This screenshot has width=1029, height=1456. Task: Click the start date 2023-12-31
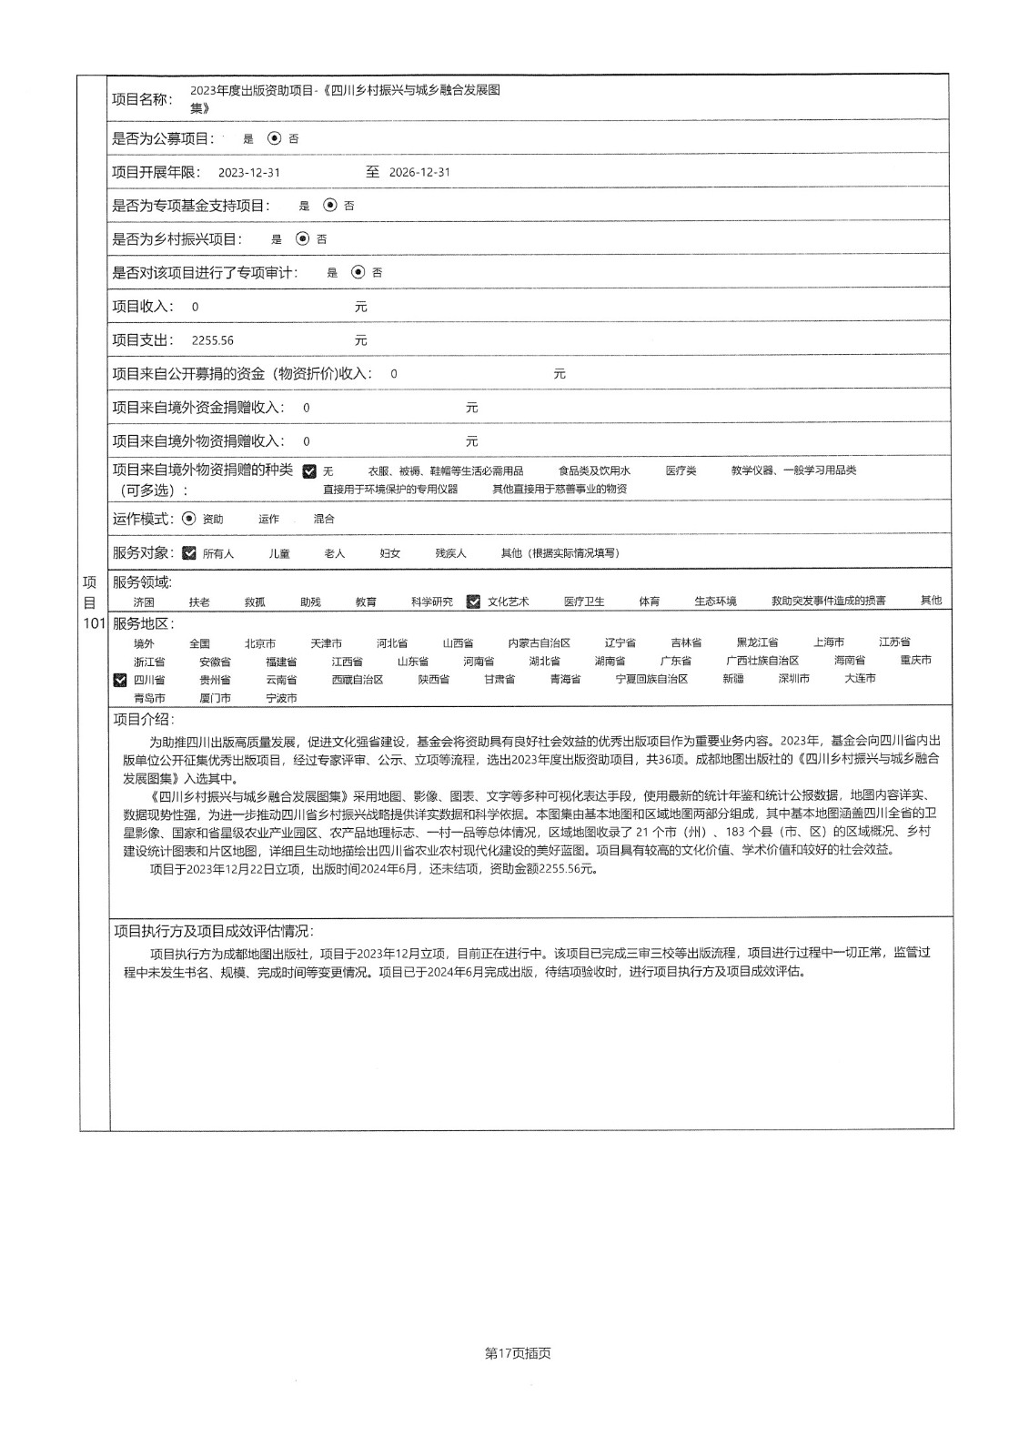pos(249,173)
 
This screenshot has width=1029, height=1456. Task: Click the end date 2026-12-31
pos(419,173)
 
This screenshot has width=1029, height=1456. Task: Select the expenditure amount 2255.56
pos(213,340)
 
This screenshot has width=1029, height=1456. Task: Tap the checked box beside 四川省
pos(120,680)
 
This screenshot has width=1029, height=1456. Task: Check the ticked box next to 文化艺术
pos(473,602)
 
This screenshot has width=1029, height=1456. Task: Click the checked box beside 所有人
pos(189,553)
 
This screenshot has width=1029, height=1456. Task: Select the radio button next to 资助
pos(189,519)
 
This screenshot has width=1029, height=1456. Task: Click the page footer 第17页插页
pos(519,1353)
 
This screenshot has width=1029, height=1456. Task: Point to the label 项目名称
pos(141,98)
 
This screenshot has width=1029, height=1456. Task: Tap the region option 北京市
pos(260,643)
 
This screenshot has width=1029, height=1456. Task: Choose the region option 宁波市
pos(281,698)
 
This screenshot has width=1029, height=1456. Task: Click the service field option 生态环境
pos(715,602)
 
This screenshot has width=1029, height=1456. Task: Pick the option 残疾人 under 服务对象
pos(450,553)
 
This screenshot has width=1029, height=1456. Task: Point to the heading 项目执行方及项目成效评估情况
pos(213,931)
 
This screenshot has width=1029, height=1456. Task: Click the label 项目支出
pos(142,340)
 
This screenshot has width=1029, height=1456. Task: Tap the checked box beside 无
pos(309,471)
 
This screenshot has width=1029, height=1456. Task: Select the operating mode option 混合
pos(324,519)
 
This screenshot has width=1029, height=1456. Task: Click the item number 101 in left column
pos(95,623)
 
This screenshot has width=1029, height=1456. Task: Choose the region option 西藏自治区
pos(358,680)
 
